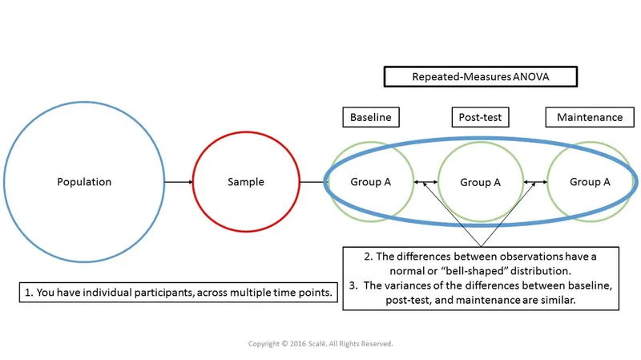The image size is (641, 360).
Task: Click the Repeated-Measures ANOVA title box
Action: click(481, 77)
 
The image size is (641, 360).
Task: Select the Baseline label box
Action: click(371, 117)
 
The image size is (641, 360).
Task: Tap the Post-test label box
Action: click(481, 117)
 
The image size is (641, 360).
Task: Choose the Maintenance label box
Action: click(590, 117)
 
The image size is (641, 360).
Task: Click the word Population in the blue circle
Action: click(84, 182)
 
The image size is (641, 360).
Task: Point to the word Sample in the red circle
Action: click(246, 182)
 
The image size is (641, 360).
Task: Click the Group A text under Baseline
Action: click(371, 182)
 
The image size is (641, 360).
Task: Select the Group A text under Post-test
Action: click(481, 183)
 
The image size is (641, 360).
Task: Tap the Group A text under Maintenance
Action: click(590, 182)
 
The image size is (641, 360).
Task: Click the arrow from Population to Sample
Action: click(178, 182)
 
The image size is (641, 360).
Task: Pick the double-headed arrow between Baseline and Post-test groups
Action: click(426, 183)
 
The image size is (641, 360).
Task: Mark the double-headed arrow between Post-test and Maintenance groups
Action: click(535, 183)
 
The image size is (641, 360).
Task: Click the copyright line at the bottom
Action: click(320, 343)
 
